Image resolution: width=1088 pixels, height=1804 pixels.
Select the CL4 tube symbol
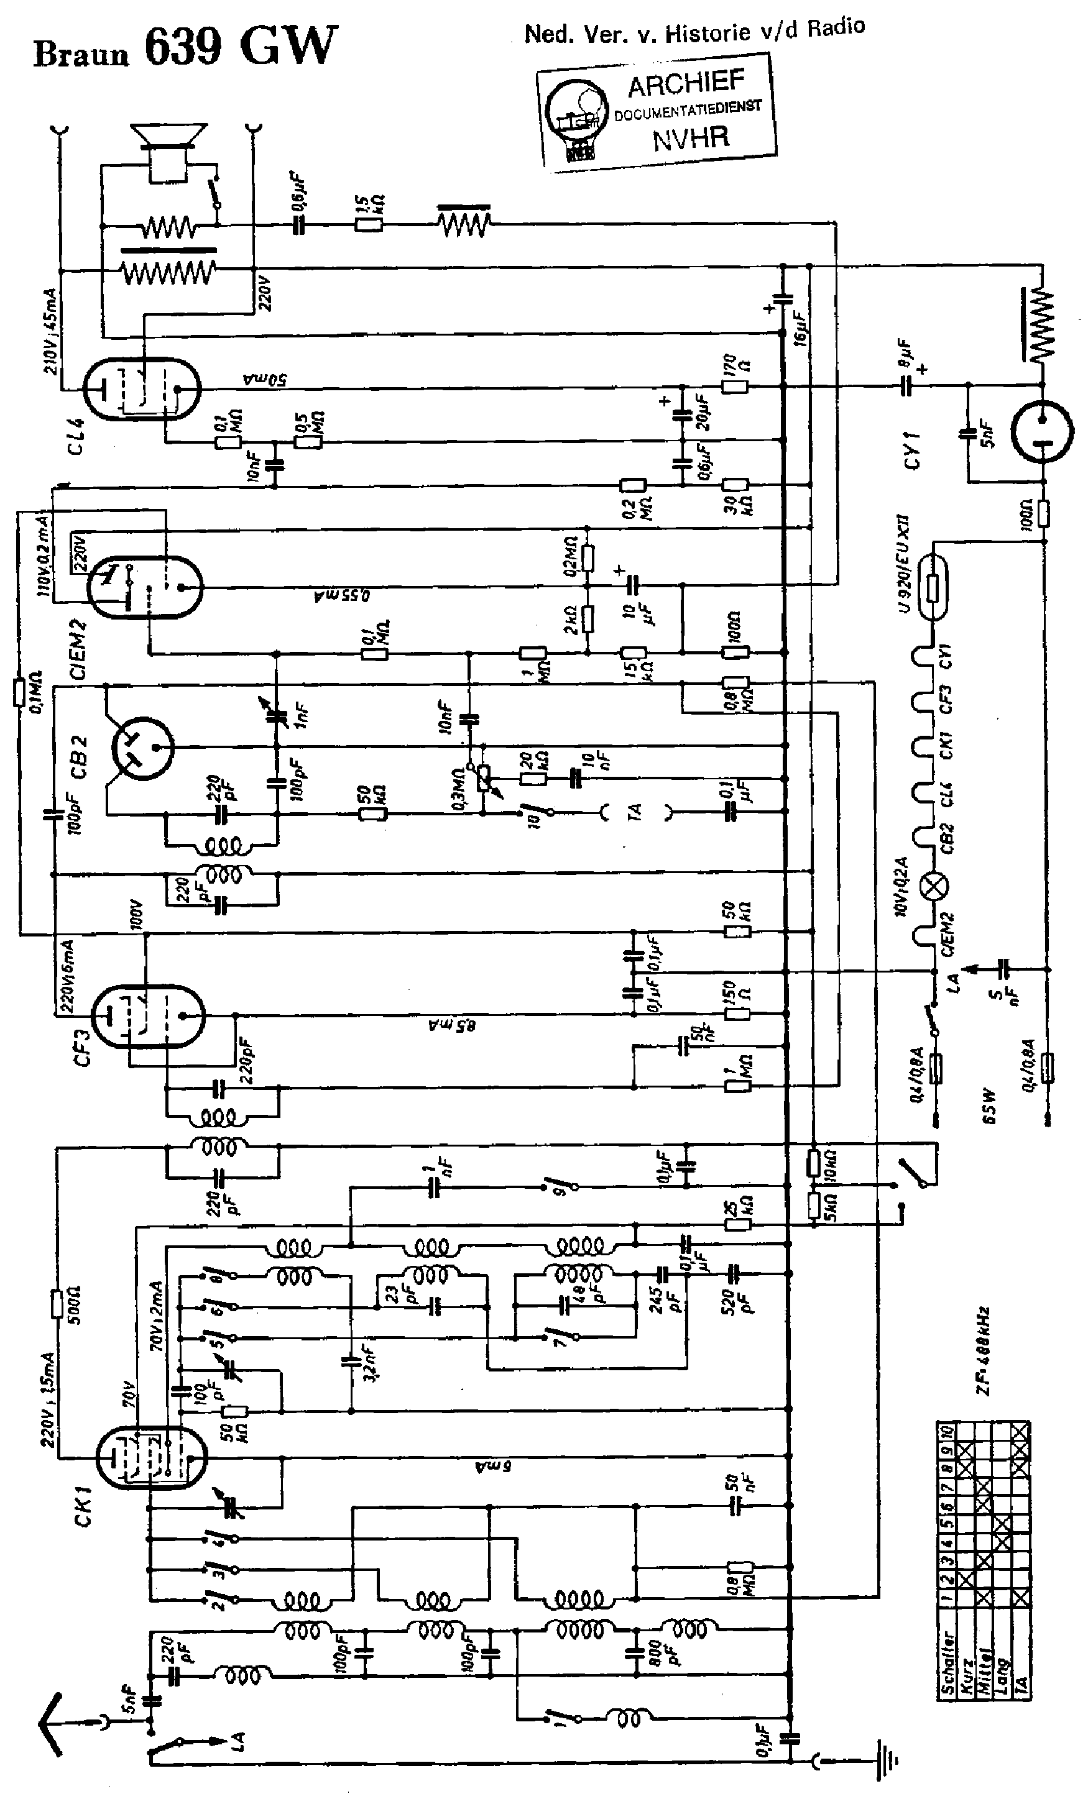point(141,390)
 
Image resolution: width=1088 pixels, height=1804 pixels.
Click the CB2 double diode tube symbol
point(142,748)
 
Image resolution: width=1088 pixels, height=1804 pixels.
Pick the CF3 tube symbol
point(147,1016)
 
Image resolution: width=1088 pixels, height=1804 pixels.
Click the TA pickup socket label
point(635,811)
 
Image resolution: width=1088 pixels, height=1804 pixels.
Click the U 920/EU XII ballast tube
point(933,587)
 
